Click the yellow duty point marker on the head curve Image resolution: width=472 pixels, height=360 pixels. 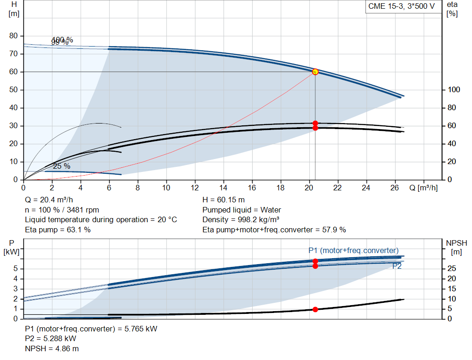click(x=315, y=72)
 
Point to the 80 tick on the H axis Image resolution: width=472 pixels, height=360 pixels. click(x=14, y=36)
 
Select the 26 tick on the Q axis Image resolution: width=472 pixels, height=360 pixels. click(x=395, y=188)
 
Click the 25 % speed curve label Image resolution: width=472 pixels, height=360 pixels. click(x=61, y=166)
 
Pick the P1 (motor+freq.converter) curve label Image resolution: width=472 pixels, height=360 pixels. click(x=353, y=250)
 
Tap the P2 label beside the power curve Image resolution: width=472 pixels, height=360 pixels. click(x=397, y=266)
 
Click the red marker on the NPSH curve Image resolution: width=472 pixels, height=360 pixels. click(x=315, y=309)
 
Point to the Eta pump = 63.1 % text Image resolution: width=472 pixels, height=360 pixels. click(x=58, y=230)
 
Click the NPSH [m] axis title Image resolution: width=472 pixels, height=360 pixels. click(x=456, y=247)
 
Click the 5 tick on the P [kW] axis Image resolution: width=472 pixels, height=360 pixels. click(x=16, y=269)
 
